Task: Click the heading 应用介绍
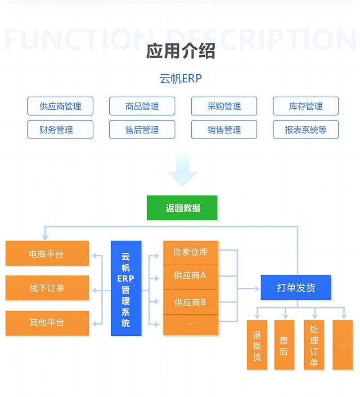180,52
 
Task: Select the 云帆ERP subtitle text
180,78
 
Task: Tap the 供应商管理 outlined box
60,106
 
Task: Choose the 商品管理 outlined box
142,106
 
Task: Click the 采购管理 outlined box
224,106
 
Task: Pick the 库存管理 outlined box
306,106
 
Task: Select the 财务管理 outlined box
60,129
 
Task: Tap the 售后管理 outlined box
142,129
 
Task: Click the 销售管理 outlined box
224,129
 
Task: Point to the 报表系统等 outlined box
306,129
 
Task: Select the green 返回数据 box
182,208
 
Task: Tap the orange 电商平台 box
47,254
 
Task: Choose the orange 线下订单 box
47,288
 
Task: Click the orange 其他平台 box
47,322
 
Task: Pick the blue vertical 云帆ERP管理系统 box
126,288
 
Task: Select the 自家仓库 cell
191,252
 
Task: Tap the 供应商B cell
191,302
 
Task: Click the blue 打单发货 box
296,288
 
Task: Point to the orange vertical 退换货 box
257,345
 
